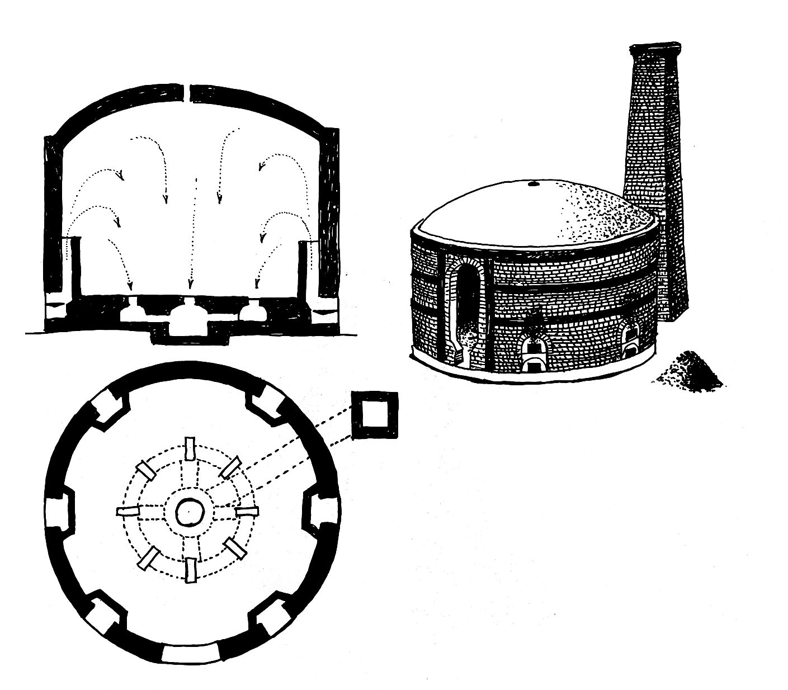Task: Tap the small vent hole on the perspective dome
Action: (532, 183)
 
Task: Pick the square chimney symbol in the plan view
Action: (375, 415)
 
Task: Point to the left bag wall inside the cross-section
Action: (77, 266)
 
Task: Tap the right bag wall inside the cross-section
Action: (303, 266)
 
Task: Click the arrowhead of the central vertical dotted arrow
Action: (190, 282)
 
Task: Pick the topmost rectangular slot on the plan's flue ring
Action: (190, 448)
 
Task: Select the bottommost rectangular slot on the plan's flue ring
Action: (191, 570)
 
